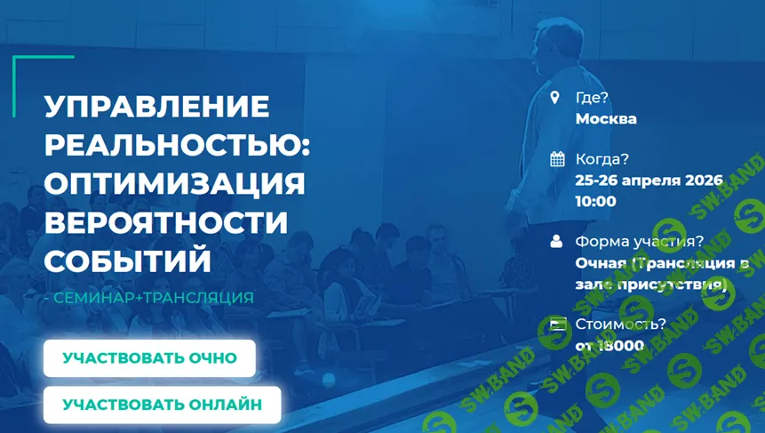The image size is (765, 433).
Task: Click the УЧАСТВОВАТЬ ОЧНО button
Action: pyautogui.click(x=149, y=358)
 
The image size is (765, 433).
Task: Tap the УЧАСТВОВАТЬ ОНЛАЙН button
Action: pyautogui.click(x=162, y=405)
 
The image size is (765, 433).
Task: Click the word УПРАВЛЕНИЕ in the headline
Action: pyautogui.click(x=156, y=108)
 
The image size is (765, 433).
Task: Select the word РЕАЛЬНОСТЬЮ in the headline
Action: pyautogui.click(x=177, y=146)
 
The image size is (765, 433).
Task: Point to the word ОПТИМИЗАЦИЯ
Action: pyautogui.click(x=174, y=184)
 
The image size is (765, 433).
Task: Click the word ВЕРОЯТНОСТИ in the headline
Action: pyautogui.click(x=166, y=222)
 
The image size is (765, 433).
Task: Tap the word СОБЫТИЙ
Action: pyautogui.click(x=128, y=261)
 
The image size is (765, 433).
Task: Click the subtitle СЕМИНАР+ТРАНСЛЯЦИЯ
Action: pyautogui.click(x=153, y=298)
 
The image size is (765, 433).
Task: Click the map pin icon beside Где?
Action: pyautogui.click(x=556, y=98)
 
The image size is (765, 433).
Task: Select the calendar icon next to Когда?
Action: pyautogui.click(x=557, y=159)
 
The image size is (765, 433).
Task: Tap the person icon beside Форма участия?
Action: pyautogui.click(x=557, y=241)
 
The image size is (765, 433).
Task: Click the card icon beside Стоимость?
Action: pyautogui.click(x=557, y=324)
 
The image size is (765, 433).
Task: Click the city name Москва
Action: pyautogui.click(x=606, y=118)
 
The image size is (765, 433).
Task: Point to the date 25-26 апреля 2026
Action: pyautogui.click(x=649, y=180)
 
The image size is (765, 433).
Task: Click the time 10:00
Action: pyautogui.click(x=595, y=201)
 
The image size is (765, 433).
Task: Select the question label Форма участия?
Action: pyautogui.click(x=639, y=241)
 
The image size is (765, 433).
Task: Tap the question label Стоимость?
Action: pyautogui.click(x=620, y=324)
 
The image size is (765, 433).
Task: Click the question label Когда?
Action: pyautogui.click(x=602, y=159)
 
